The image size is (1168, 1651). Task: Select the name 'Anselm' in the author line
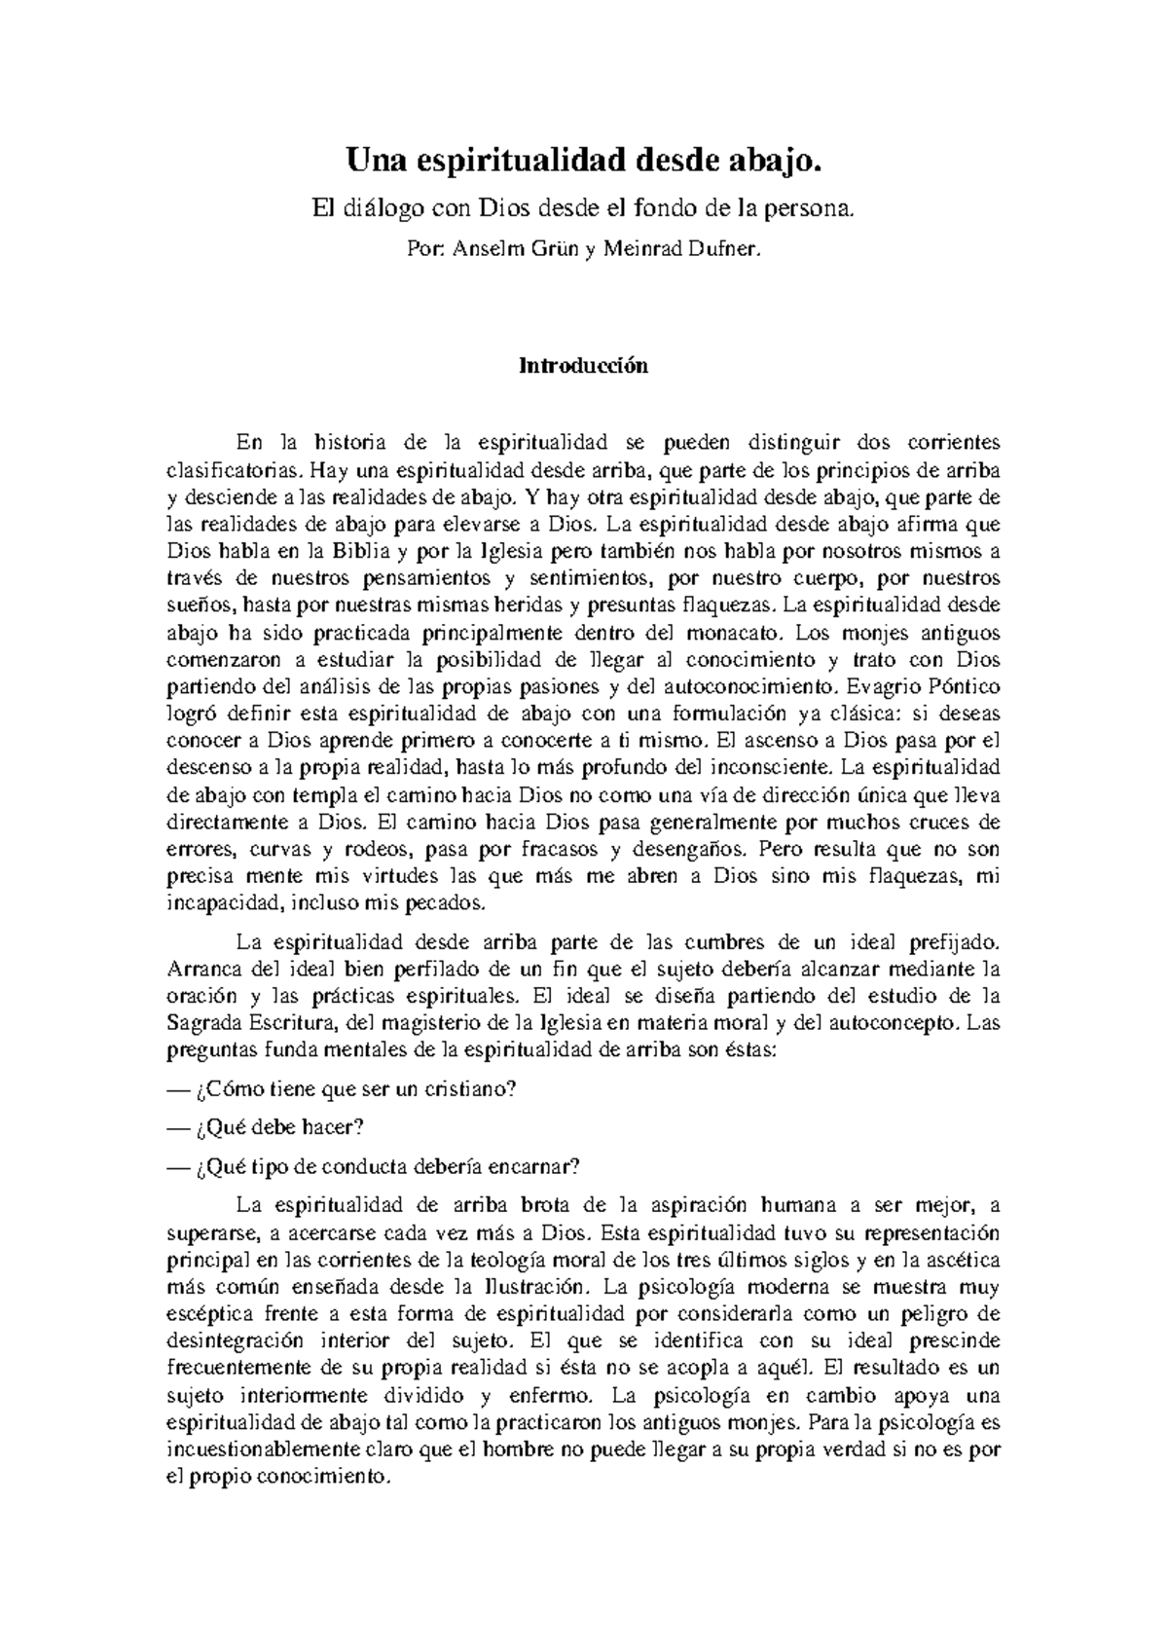[491, 249]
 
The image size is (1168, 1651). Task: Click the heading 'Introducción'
[583, 366]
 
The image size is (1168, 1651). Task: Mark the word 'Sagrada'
[201, 1024]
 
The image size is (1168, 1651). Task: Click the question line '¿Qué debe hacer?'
[278, 1127]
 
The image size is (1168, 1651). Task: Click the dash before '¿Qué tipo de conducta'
[177, 1166]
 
